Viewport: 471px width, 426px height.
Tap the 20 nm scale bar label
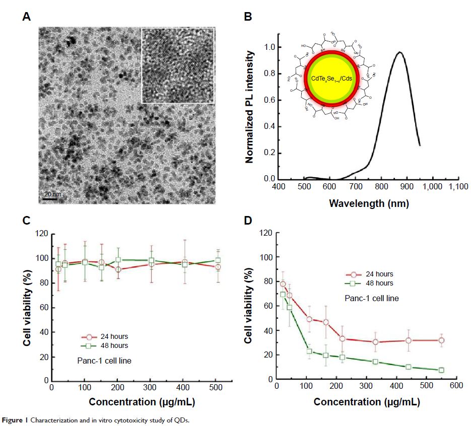(49, 194)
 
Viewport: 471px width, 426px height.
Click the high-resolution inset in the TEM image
(178, 65)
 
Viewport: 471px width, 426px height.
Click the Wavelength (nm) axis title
(368, 203)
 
